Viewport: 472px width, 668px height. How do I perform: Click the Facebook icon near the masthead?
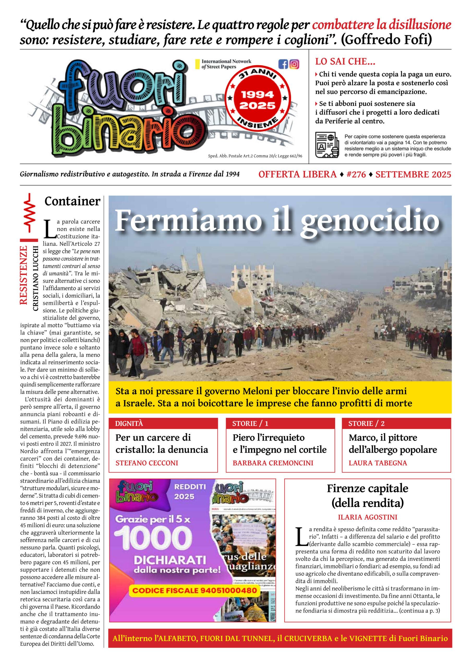[283, 64]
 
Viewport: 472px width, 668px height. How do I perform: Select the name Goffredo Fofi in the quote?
[386, 40]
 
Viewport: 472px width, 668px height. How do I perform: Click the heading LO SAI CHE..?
[345, 61]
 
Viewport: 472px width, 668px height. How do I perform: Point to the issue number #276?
[356, 174]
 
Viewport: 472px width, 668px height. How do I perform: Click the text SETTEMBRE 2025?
[413, 174]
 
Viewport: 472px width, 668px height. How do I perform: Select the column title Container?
[72, 201]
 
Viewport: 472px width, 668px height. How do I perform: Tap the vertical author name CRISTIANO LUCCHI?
[35, 278]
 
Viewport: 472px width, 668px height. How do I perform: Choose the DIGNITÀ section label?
[129, 423]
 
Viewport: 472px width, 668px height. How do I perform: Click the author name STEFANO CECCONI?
[147, 463]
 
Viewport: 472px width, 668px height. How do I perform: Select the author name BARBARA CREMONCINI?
[273, 463]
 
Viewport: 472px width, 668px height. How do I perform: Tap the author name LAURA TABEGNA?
[378, 463]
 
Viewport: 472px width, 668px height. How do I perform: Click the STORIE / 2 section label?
[366, 423]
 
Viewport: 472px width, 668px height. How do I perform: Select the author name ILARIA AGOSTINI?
[367, 517]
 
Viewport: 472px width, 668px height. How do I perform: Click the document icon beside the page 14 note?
[327, 145]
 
